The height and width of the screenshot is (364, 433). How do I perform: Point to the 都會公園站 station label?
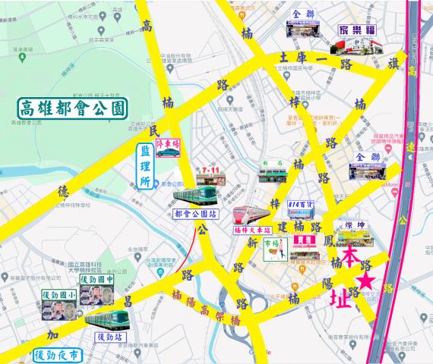point(194,214)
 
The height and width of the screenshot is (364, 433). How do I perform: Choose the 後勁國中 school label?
point(96,281)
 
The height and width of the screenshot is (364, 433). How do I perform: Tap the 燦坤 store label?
point(356,225)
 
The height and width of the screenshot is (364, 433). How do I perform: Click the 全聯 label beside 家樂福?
point(302,14)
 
